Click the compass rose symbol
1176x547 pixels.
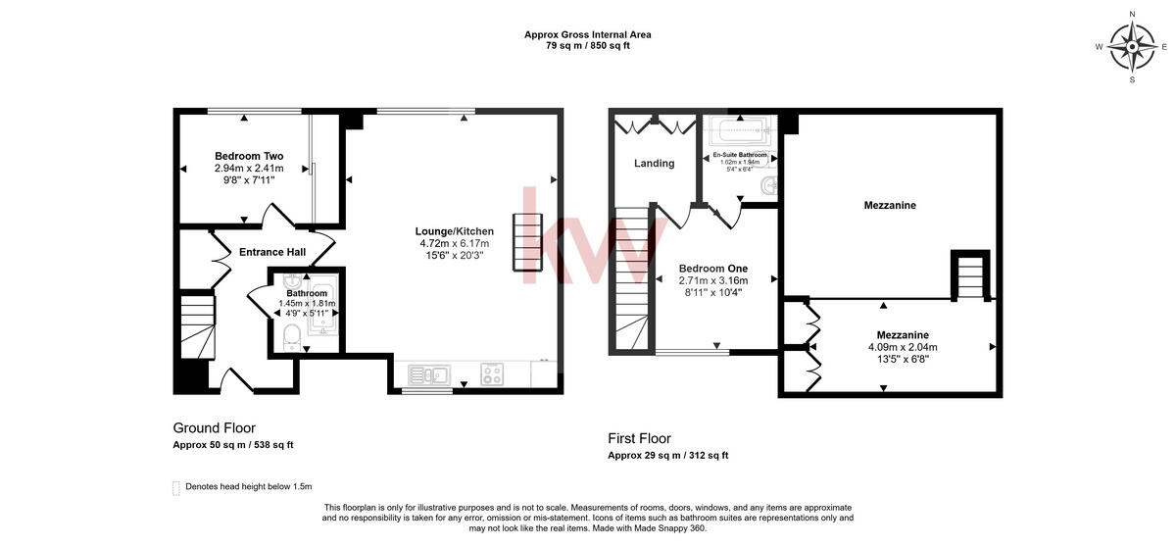coord(1132,46)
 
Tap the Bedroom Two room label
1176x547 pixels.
coord(249,156)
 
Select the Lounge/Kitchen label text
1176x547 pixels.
coord(454,231)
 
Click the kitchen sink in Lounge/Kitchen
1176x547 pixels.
coord(428,373)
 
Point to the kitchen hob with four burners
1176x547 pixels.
coord(492,373)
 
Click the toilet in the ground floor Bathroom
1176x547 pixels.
coord(290,338)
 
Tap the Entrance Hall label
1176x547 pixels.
coord(272,252)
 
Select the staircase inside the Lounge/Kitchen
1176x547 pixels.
coord(526,242)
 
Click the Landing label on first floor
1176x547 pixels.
coord(654,164)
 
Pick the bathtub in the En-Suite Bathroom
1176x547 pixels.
coord(739,130)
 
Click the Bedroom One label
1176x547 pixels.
coord(712,269)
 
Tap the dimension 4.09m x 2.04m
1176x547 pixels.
coord(903,347)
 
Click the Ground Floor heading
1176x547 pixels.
coord(214,428)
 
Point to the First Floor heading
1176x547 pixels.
coord(639,438)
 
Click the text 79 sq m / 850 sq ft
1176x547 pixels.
coord(588,46)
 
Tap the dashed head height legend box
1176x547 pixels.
coord(176,487)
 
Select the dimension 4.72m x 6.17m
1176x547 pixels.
coord(454,244)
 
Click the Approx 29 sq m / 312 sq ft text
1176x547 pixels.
coord(667,455)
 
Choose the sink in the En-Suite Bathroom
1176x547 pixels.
coord(770,183)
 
